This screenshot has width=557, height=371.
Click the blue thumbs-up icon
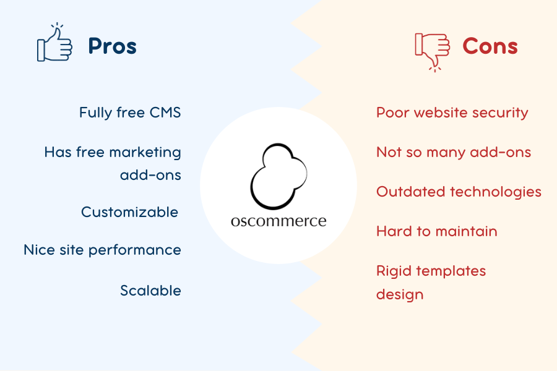pyautogui.click(x=54, y=43)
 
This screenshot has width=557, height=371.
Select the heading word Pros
pyautogui.click(x=112, y=46)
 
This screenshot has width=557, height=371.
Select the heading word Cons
pyautogui.click(x=490, y=46)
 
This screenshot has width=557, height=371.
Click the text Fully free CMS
pyautogui.click(x=130, y=113)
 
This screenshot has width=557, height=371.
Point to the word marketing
pyautogui.click(x=145, y=152)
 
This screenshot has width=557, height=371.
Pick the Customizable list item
pyautogui.click(x=130, y=212)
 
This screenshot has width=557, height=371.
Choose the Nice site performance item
pyautogui.click(x=102, y=250)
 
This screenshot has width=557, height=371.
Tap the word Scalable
pyautogui.click(x=150, y=291)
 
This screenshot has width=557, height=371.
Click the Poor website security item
pyautogui.click(x=452, y=113)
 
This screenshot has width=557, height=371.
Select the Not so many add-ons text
pyautogui.click(x=454, y=152)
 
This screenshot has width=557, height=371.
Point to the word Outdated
pyautogui.click(x=411, y=192)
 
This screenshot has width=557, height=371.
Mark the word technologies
pyautogui.click(x=496, y=192)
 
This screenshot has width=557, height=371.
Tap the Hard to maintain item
pyautogui.click(x=436, y=231)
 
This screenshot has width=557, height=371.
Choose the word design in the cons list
pyautogui.click(x=400, y=295)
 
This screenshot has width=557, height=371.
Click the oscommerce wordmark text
pyautogui.click(x=278, y=221)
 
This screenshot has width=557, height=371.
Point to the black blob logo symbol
pyautogui.click(x=279, y=176)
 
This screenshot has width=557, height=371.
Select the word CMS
pyautogui.click(x=165, y=113)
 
